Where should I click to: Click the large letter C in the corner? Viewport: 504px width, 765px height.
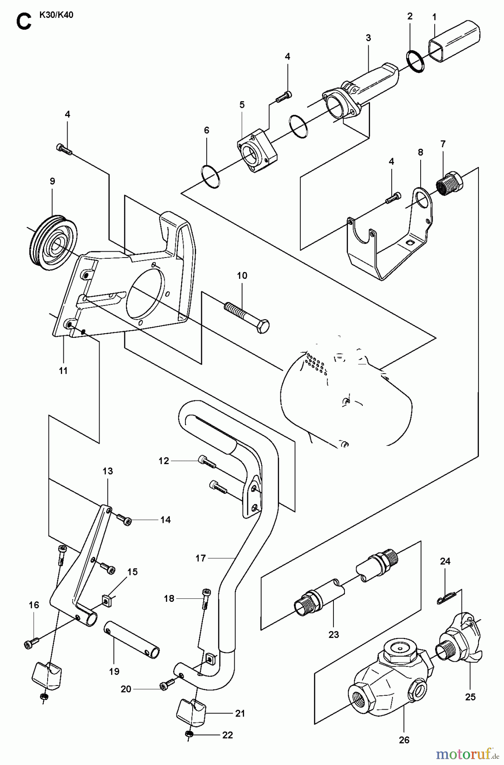23,21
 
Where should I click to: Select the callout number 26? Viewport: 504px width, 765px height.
404,740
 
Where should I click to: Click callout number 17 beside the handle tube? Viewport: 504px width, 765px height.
200,558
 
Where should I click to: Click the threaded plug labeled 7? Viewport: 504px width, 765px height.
450,184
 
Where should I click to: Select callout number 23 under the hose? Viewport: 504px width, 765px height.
333,635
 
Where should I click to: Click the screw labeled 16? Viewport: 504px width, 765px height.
31,643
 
